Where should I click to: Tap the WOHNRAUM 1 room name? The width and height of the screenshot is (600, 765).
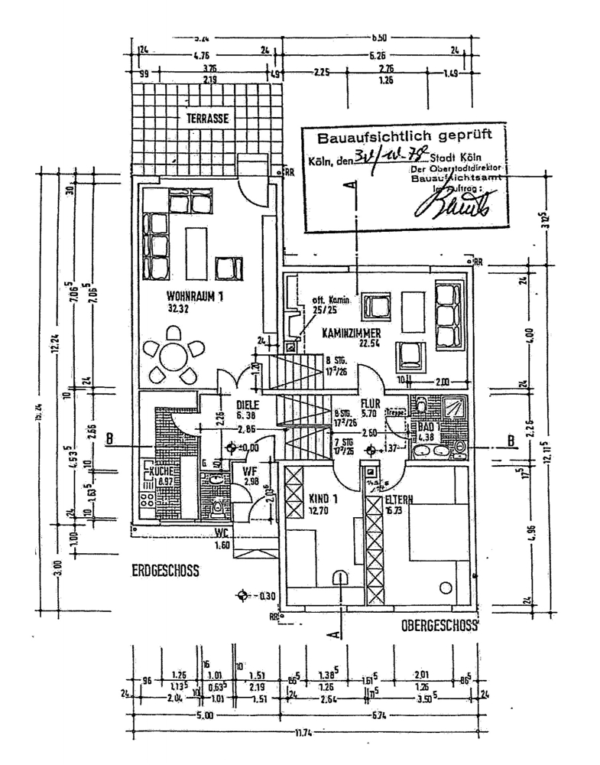[x=194, y=298]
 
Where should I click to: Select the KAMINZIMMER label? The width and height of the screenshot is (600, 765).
[x=330, y=334]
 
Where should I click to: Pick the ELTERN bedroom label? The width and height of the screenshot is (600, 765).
[x=398, y=500]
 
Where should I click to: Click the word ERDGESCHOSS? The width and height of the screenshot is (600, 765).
[x=165, y=570]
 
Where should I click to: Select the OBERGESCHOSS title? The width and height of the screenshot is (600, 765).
[x=439, y=626]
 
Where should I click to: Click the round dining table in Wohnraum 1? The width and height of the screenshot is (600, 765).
[x=174, y=356]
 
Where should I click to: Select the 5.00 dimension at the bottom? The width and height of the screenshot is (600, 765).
[x=204, y=715]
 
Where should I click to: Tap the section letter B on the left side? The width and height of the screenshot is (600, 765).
[x=109, y=439]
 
